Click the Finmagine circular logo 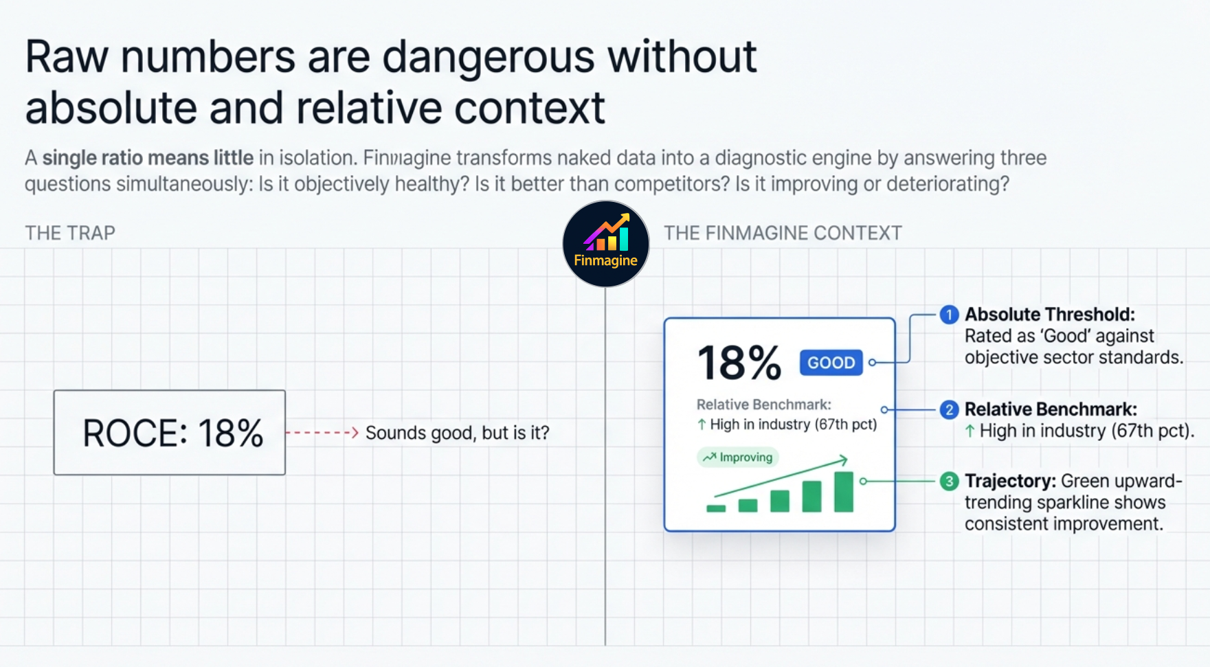point(605,244)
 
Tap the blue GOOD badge point(831,363)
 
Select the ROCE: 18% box point(170,433)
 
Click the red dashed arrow point(322,433)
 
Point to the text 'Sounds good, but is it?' point(457,433)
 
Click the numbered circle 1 point(949,315)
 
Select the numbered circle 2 point(949,409)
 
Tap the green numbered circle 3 point(949,481)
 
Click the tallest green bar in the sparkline point(843,492)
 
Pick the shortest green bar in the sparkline point(716,508)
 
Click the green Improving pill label point(738,457)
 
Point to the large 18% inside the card point(739,363)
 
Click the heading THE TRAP point(70,233)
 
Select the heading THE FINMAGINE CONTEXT point(782,233)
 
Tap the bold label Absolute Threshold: point(1049,315)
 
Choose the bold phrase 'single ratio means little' point(148,158)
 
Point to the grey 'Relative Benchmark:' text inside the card point(763,405)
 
